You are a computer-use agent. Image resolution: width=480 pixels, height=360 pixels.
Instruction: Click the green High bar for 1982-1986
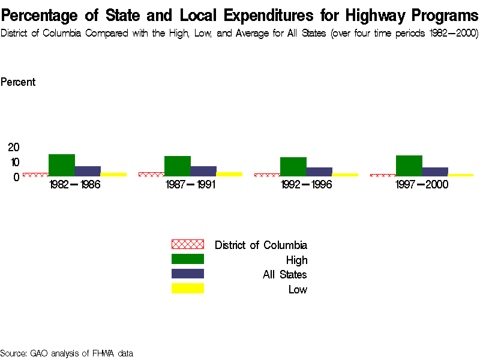[61, 165]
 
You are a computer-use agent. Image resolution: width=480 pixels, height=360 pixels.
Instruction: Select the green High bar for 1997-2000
[409, 166]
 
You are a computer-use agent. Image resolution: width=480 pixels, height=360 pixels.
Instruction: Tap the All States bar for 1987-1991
[203, 171]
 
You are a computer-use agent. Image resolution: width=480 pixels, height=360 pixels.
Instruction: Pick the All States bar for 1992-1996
[319, 172]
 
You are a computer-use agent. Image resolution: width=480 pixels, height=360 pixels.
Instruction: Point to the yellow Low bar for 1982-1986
[113, 174]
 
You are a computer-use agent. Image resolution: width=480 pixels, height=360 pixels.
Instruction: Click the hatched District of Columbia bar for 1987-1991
[151, 174]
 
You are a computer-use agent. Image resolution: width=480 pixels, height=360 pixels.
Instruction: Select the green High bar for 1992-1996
[293, 166]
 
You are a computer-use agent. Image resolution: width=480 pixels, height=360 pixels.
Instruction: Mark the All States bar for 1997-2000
[435, 172]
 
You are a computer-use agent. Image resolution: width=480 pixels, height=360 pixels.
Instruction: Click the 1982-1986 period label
[74, 184]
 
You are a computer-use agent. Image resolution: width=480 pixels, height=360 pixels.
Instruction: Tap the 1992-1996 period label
[306, 184]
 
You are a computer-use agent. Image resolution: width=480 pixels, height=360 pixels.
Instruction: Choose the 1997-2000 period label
[422, 184]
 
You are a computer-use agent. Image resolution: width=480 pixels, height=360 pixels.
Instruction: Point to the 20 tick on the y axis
[14, 148]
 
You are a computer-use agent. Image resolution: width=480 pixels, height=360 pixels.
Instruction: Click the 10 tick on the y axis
[14, 162]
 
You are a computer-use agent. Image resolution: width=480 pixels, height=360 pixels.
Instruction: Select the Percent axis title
[18, 82]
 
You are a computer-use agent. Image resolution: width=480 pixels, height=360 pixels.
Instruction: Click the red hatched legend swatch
[188, 244]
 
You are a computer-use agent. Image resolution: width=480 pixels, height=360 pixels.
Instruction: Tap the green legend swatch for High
[188, 259]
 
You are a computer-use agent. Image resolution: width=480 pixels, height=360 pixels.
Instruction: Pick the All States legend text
[285, 275]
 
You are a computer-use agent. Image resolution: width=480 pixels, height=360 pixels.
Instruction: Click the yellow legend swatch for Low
[188, 289]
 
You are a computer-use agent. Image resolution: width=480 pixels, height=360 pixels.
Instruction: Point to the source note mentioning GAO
[67, 353]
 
